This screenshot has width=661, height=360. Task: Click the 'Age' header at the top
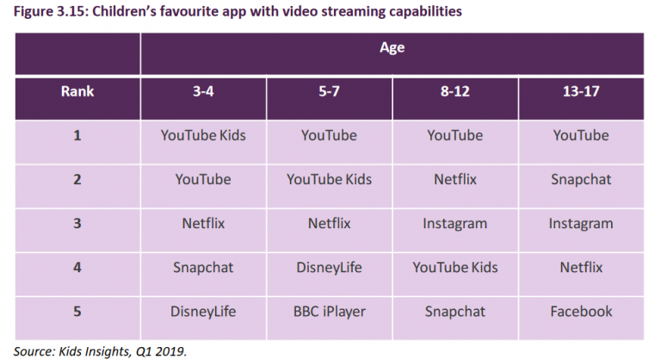tap(392, 47)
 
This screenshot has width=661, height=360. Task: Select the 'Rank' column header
tap(77, 91)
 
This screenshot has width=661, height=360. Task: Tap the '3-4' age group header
tap(203, 91)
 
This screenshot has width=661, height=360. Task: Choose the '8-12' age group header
tap(454, 91)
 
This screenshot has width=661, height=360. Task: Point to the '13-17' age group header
tap(581, 91)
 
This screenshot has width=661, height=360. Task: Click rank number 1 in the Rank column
tap(77, 135)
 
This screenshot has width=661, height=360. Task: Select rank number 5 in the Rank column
tap(77, 312)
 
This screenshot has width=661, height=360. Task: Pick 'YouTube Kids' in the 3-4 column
tap(203, 135)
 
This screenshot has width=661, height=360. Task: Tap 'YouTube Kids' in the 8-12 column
tap(454, 268)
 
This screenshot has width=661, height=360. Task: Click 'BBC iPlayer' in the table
tap(330, 312)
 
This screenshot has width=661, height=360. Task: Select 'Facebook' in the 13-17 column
tap(581, 312)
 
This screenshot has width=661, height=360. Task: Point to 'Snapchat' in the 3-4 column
tap(203, 268)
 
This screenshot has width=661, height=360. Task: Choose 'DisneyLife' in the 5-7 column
tap(330, 268)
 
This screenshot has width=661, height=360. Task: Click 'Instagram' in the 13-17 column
tap(581, 224)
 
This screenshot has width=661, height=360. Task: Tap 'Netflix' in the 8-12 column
tap(454, 179)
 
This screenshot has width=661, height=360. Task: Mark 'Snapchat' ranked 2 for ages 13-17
tap(581, 180)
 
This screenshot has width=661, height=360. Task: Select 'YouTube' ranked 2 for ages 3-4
tap(203, 179)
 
